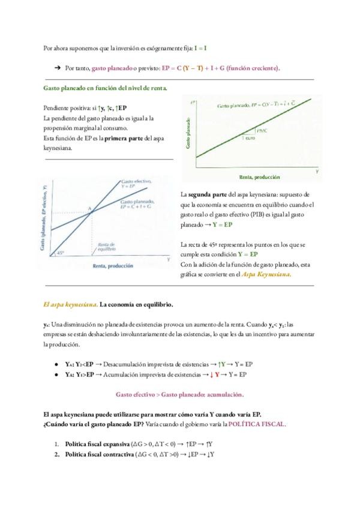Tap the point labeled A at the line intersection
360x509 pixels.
89,208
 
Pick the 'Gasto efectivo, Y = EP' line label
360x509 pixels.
136,183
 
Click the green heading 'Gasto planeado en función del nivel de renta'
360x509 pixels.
106,88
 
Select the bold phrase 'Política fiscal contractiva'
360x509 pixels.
99,454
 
